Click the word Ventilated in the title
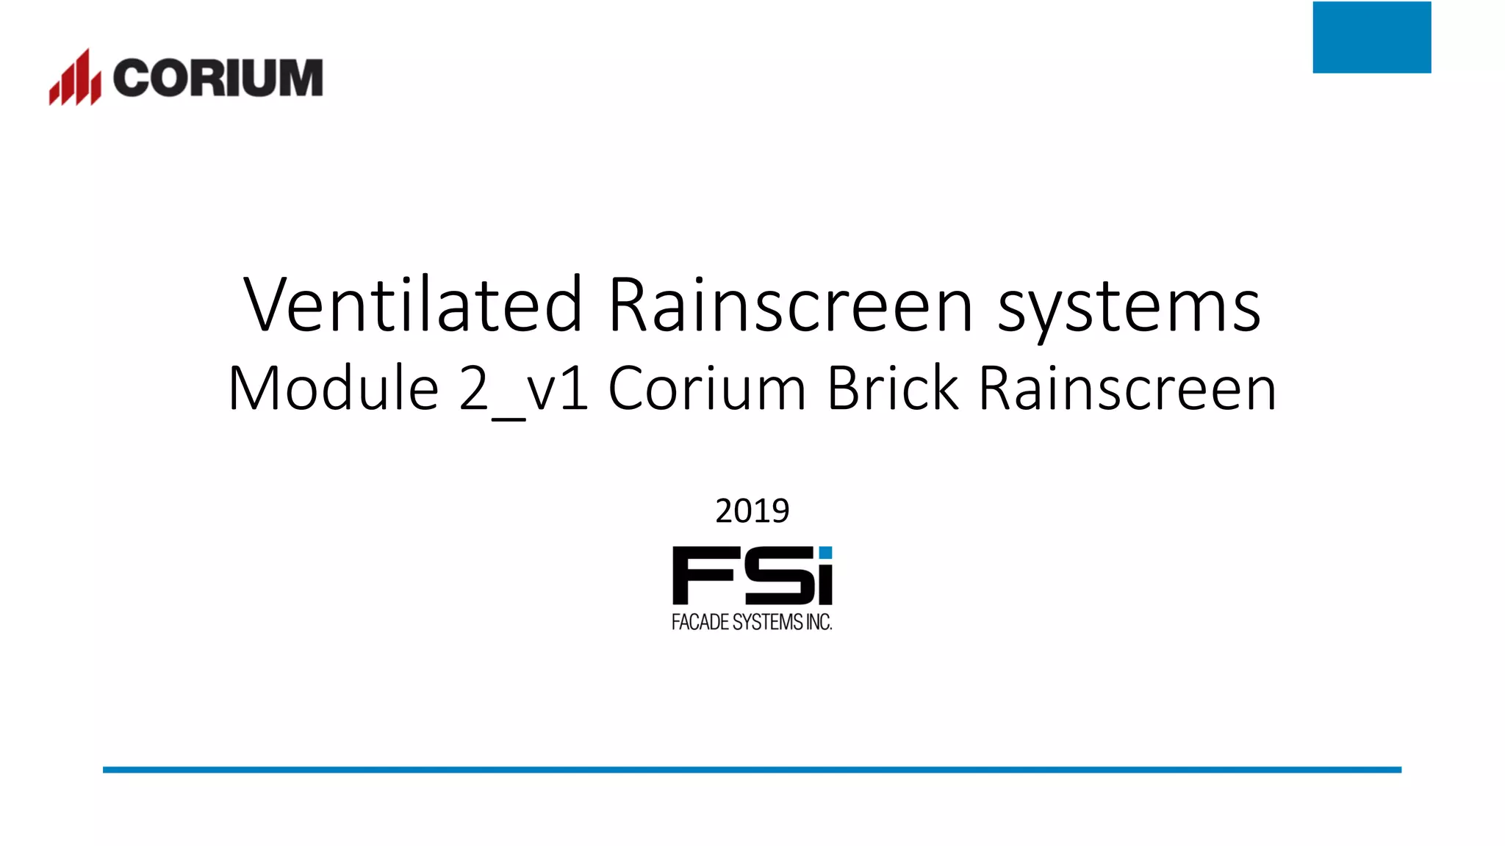tap(413, 304)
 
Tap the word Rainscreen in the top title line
tap(791, 304)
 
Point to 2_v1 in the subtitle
tap(523, 389)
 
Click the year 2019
tap(752, 510)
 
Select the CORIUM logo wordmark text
tap(218, 78)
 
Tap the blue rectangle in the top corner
tap(1371, 37)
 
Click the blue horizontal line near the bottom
tap(752, 770)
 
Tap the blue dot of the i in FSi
tap(825, 553)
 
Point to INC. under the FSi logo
tap(819, 622)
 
